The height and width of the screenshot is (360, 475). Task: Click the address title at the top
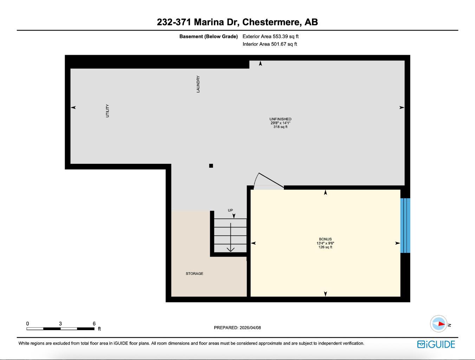(x=237, y=22)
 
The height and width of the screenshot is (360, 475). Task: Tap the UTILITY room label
(x=108, y=111)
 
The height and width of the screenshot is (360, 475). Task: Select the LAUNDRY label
(x=198, y=84)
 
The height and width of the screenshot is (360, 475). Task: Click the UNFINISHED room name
(x=280, y=119)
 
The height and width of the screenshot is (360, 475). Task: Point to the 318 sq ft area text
(x=280, y=127)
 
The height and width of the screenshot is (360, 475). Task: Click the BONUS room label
(x=325, y=239)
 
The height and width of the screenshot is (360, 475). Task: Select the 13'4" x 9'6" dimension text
(x=325, y=243)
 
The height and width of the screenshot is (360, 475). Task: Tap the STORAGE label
(x=194, y=274)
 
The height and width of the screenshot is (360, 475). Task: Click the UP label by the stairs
(x=230, y=210)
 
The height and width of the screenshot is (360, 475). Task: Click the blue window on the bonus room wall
(x=405, y=225)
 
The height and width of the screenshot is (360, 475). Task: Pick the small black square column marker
(x=211, y=166)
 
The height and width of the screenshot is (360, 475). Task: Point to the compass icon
(x=439, y=324)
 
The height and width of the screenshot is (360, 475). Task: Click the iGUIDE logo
(x=436, y=344)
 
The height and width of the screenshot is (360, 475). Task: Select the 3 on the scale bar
(x=60, y=324)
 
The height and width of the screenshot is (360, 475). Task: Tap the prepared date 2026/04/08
(x=250, y=328)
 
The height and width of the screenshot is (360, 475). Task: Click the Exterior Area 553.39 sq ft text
(x=271, y=36)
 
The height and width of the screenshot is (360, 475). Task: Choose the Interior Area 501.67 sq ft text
(x=270, y=44)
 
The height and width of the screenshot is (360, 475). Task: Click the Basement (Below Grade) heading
(x=208, y=36)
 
